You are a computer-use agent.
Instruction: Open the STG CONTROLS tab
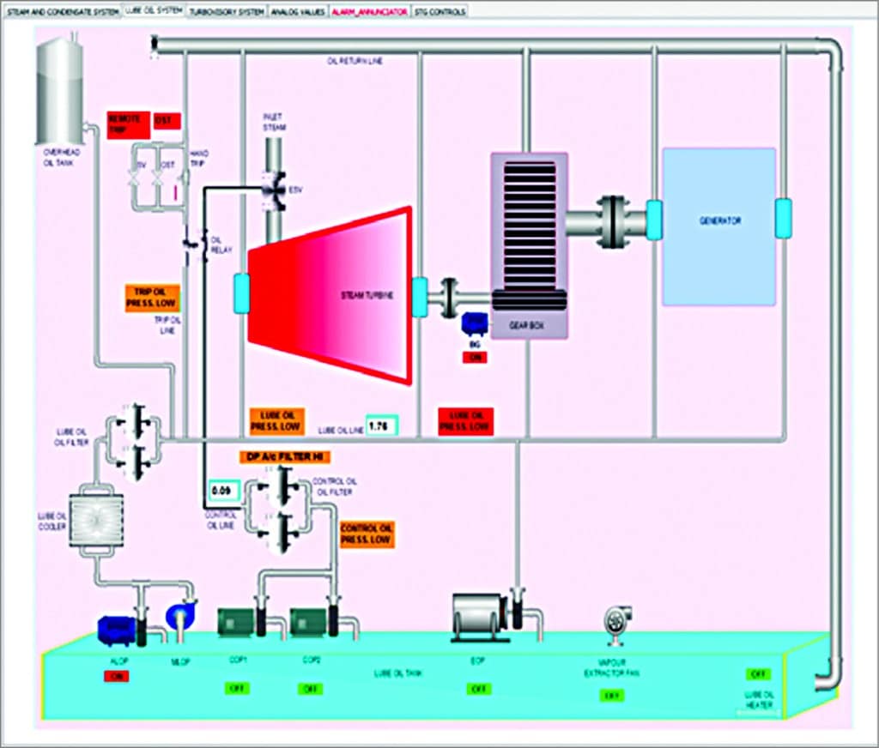pos(439,12)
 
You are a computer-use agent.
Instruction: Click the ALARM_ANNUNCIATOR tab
pos(368,12)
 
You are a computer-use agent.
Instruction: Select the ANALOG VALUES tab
pos(298,12)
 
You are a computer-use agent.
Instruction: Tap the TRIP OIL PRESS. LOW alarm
pos(151,297)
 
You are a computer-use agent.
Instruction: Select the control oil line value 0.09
pos(221,492)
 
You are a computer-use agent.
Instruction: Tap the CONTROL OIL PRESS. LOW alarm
pos(367,534)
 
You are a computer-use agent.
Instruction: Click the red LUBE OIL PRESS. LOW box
pos(465,420)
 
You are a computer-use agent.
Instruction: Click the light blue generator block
pos(718,226)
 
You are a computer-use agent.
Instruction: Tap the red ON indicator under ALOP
pos(117,676)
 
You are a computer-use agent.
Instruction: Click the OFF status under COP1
pos(237,688)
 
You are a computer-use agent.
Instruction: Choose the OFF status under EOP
pos(479,688)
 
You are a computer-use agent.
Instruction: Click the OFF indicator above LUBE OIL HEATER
pos(759,673)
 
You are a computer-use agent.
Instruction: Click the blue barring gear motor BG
pos(474,324)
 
